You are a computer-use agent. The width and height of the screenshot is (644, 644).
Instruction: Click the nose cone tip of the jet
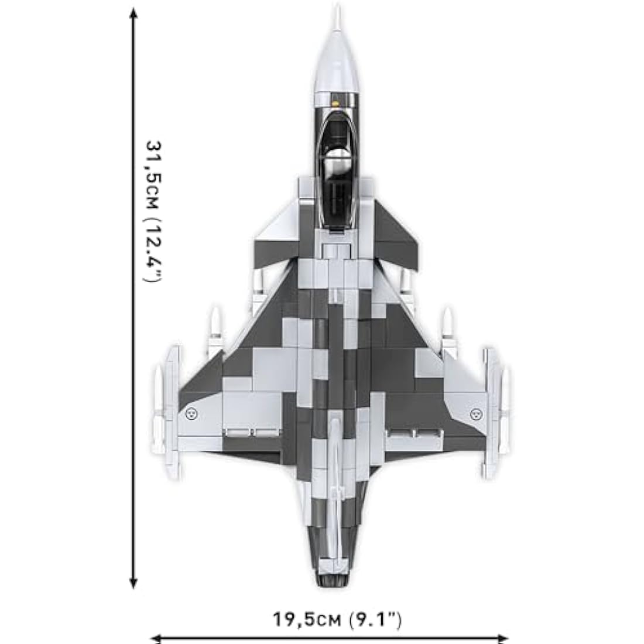click(337, 5)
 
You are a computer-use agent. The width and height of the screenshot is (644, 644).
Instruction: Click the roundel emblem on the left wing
click(191, 413)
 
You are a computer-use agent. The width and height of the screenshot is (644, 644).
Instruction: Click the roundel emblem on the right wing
click(475, 414)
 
